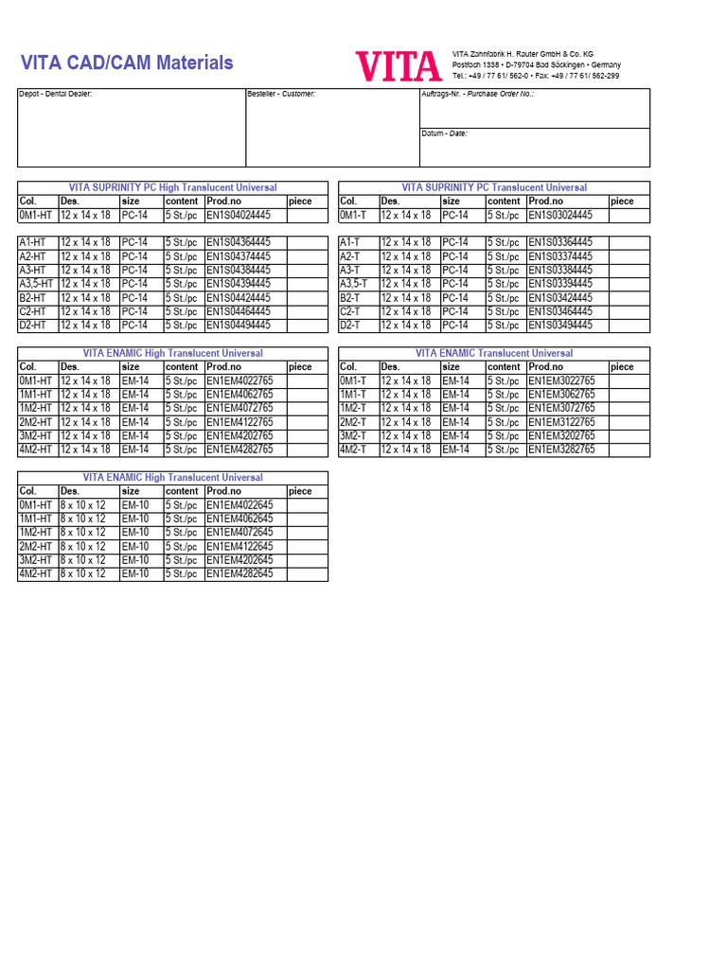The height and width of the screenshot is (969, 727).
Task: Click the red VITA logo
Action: [399, 66]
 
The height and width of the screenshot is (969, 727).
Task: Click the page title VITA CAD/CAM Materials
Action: [127, 63]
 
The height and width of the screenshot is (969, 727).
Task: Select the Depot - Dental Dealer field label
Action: [56, 95]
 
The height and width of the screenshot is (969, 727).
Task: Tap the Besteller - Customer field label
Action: [281, 95]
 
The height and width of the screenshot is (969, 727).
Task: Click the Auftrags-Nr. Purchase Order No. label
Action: [477, 95]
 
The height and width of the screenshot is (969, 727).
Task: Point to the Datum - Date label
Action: [445, 134]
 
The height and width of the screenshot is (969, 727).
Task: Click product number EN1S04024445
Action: [239, 216]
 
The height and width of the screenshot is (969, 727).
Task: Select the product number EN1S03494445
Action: [560, 326]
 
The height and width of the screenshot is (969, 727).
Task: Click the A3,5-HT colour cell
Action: [37, 284]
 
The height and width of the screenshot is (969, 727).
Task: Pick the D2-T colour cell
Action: [350, 326]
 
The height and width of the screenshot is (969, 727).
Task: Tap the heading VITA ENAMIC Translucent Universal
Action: [494, 354]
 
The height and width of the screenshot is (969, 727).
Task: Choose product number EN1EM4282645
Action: [239, 574]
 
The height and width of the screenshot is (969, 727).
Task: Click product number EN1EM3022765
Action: [561, 381]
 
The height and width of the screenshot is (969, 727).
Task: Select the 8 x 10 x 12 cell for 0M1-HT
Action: [83, 505]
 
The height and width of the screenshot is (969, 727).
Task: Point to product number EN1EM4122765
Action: [239, 423]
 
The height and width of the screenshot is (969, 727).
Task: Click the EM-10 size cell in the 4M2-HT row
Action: [135, 574]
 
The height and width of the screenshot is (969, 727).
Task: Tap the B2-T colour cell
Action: [350, 298]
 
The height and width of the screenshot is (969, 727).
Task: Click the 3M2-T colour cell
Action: [353, 436]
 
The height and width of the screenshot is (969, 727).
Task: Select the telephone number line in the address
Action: [536, 76]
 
